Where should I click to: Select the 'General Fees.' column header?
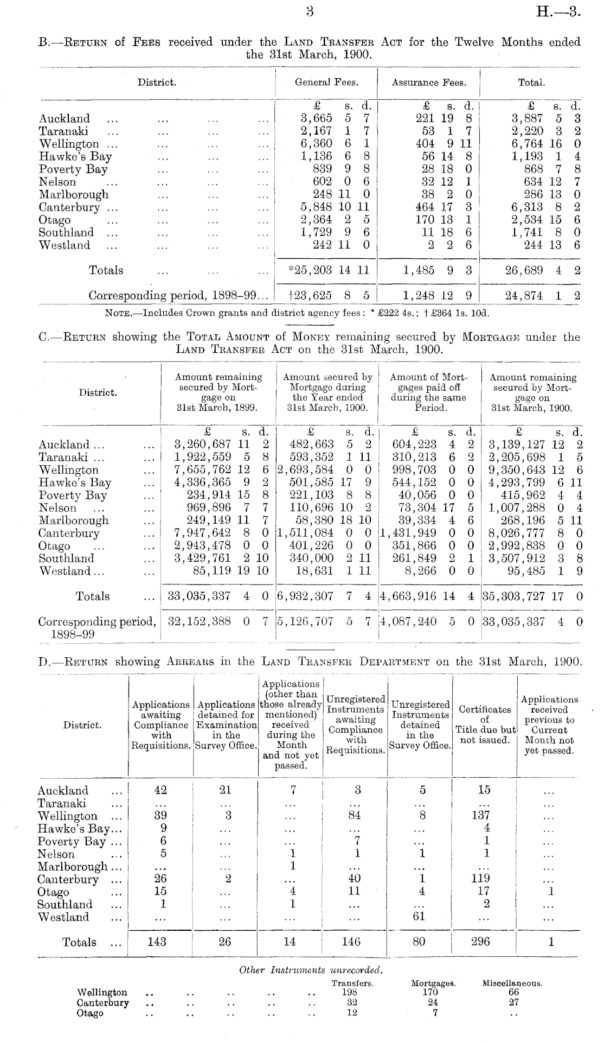point(326,82)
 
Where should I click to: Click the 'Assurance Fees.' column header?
point(428,82)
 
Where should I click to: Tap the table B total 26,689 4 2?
point(542,270)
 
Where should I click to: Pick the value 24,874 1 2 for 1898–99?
point(542,296)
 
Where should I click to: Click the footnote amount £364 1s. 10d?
point(461,313)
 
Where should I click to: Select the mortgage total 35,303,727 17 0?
point(533,596)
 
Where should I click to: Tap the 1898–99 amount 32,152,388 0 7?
point(218,621)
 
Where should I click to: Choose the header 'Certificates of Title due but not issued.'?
point(484,725)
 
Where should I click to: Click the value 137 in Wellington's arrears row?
point(480,816)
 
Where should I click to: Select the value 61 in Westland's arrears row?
point(419,917)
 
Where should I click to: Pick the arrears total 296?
point(480,942)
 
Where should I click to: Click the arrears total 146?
point(351,942)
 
